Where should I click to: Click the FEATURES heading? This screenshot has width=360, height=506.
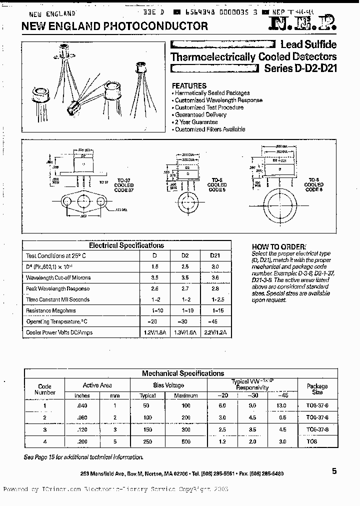tap(189, 86)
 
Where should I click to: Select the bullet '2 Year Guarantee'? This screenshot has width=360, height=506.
tap(196, 122)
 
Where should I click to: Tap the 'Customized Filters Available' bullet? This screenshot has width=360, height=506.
tap(210, 129)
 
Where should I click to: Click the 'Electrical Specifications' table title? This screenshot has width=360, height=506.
tap(126, 245)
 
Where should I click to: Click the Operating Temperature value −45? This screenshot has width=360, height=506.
tap(216, 321)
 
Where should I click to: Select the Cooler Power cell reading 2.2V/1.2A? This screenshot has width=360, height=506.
tap(216, 332)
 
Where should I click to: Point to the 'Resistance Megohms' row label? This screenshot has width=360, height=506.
tap(52, 310)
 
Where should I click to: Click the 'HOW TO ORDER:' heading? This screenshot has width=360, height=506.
tap(278, 247)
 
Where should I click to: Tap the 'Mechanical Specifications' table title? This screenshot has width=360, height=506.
tap(183, 373)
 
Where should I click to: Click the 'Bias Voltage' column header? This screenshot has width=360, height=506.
tap(168, 385)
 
